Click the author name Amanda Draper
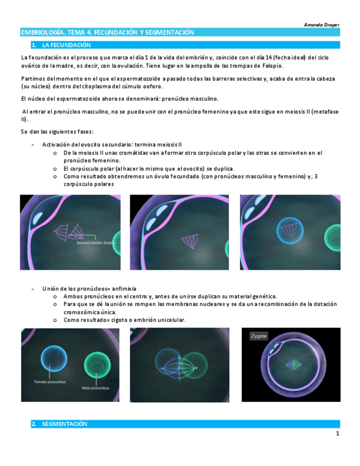pos(322,25)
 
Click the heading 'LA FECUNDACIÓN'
pos(67,45)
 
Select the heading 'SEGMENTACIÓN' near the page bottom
pos(64,424)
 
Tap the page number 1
pos(337,434)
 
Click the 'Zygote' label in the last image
pos(259,336)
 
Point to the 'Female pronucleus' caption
pos(49,382)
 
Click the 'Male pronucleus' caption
pos(96,388)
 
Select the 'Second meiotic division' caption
pos(96,243)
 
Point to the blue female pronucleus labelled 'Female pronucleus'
pos(54,359)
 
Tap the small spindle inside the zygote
pos(293,365)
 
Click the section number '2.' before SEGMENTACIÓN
pos(34,424)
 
